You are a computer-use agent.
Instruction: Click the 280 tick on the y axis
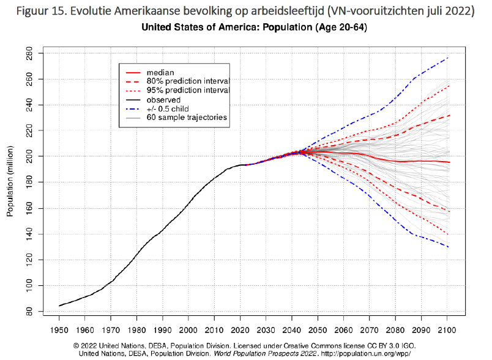point(29,54)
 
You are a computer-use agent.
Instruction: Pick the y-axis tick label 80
point(29,312)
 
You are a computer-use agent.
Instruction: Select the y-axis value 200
point(29,157)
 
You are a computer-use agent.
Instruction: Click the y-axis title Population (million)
point(10,183)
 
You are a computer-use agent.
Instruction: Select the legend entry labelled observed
point(164,99)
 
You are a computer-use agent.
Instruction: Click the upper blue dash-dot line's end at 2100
point(449,58)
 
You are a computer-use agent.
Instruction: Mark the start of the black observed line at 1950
point(59,306)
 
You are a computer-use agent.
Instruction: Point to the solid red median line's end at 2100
point(449,162)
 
